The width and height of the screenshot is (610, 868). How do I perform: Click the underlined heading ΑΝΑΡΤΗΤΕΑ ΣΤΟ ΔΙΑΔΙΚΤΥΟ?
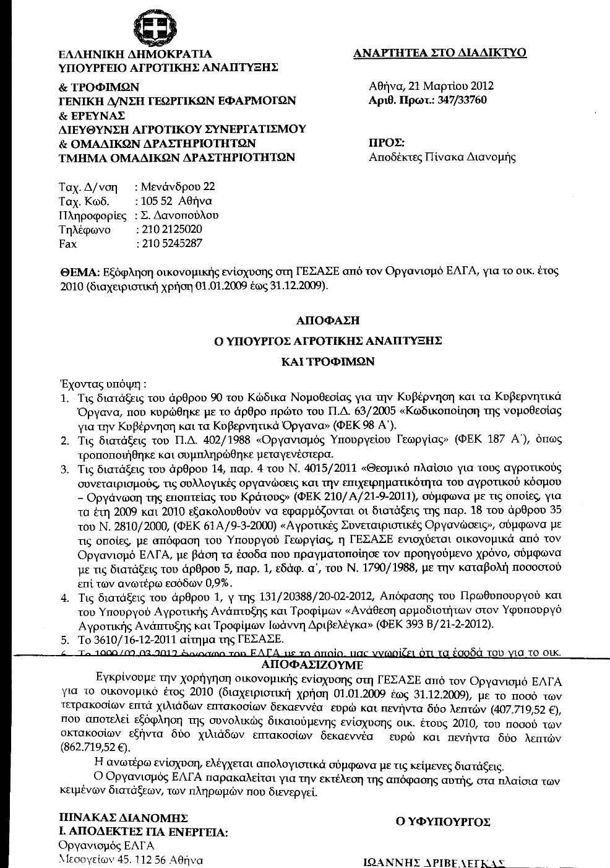pyautogui.click(x=439, y=53)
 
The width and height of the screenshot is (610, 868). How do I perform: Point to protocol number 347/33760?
pyautogui.click(x=457, y=100)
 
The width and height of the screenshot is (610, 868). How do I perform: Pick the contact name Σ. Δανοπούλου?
pyautogui.click(x=179, y=215)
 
